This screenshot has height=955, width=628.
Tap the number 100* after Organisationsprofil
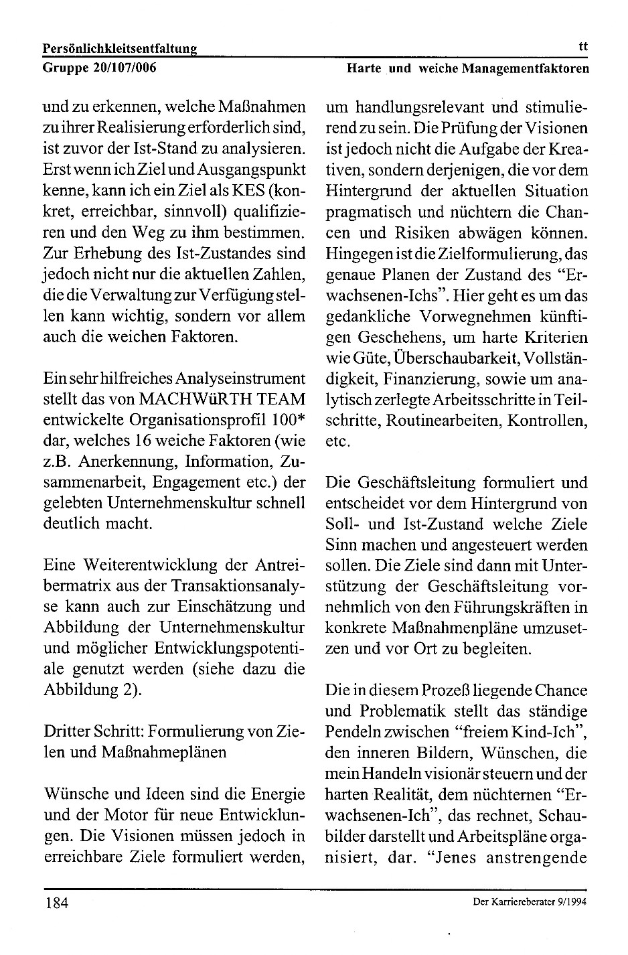click(289, 420)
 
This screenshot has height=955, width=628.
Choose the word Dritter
click(69, 731)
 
